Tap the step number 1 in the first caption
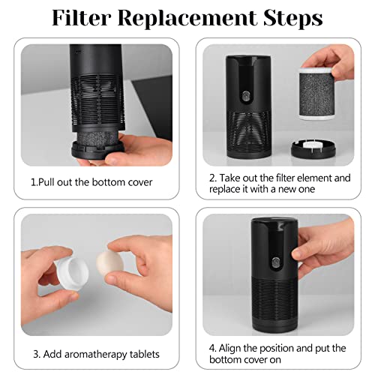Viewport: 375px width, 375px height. [x=33, y=182]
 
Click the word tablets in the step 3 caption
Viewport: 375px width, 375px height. [x=141, y=353]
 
